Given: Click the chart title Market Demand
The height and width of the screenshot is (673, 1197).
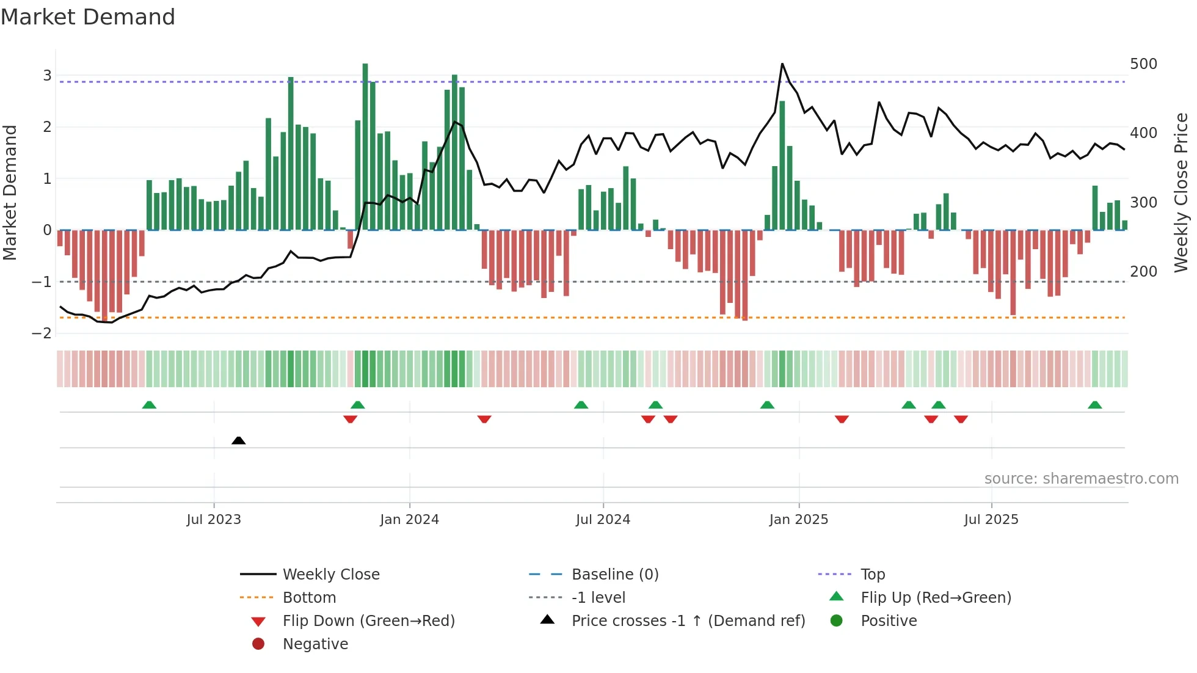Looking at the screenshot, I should pyautogui.click(x=88, y=17).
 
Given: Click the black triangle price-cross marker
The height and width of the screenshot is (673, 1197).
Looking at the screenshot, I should pyautogui.click(x=239, y=440).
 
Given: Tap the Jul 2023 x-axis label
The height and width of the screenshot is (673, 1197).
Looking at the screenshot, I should pyautogui.click(x=214, y=520).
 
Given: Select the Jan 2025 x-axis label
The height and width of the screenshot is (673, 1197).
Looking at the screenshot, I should pyautogui.click(x=798, y=520).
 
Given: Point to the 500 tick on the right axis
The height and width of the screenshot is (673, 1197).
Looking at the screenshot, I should pyautogui.click(x=1143, y=64).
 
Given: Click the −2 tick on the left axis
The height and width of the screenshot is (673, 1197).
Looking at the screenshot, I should pyautogui.click(x=42, y=333).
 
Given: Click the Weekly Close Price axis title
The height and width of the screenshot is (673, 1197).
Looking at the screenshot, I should pyautogui.click(x=1181, y=192).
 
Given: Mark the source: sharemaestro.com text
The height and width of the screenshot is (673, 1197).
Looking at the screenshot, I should pyautogui.click(x=1081, y=479).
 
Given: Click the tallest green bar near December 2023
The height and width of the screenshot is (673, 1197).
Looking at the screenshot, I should pyautogui.click(x=365, y=147).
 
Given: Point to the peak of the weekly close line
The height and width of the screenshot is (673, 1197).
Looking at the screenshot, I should pyautogui.click(x=782, y=64).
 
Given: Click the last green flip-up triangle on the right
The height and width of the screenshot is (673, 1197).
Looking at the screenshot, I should pyautogui.click(x=1095, y=405).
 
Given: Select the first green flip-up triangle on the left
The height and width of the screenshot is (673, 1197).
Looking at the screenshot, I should pyautogui.click(x=149, y=405).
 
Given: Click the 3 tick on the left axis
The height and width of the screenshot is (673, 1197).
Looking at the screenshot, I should pyautogui.click(x=47, y=76).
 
